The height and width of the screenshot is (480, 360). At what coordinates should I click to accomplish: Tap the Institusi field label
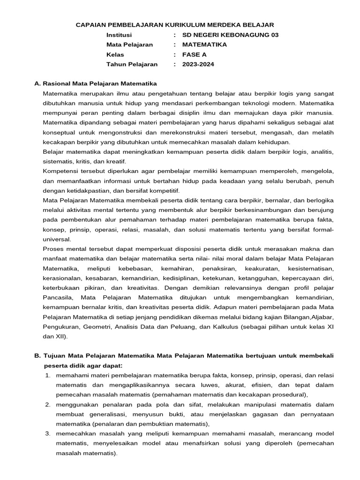tap(119, 35)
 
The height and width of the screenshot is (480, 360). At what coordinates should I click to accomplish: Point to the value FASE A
tap(193, 54)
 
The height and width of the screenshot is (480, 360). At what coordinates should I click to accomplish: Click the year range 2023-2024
tap(198, 64)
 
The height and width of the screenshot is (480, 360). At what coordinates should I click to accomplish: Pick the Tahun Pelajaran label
tap(132, 64)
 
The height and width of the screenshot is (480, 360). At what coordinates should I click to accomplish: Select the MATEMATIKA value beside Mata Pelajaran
tap(204, 45)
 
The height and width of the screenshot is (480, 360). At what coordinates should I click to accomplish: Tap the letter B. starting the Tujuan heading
tap(38, 356)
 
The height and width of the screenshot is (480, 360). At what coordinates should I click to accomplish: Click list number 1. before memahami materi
tap(48, 375)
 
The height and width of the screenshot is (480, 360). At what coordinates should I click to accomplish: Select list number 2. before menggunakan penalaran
tap(48, 405)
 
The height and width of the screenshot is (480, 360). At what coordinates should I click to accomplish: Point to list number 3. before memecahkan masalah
tap(48, 434)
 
